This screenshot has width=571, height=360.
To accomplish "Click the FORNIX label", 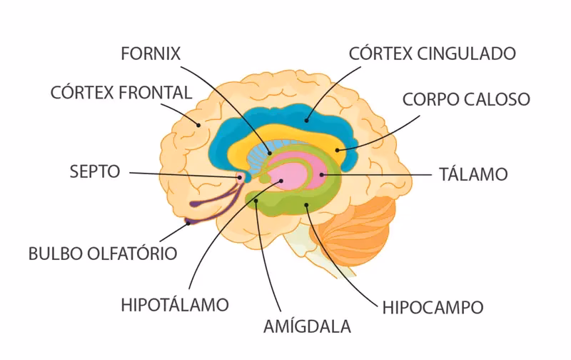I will tap(151, 54).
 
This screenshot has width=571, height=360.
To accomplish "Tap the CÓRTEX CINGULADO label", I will tap(432, 54).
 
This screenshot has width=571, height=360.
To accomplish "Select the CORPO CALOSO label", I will tap(465, 99).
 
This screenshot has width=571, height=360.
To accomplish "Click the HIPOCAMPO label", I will tap(433, 307).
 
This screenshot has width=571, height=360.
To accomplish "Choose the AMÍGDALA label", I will tap(307, 326).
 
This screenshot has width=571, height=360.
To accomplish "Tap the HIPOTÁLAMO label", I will tap(175, 304).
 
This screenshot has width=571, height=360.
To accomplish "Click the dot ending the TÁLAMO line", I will tap(322, 174).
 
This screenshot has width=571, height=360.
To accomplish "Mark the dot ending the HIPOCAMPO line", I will tap(306, 206).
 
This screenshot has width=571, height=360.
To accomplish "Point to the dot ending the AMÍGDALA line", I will tap(256, 200).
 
